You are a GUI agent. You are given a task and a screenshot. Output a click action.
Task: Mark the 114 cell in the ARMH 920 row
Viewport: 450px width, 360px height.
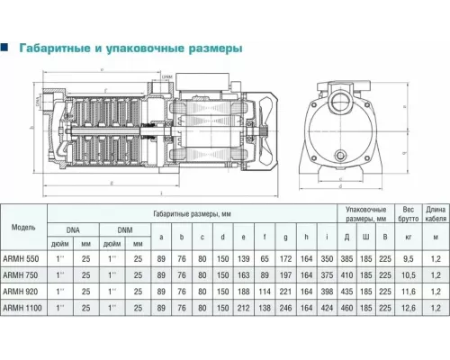pos(265,291)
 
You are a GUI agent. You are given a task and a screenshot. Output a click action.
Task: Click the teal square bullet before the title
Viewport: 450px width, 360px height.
pos(6,49)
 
